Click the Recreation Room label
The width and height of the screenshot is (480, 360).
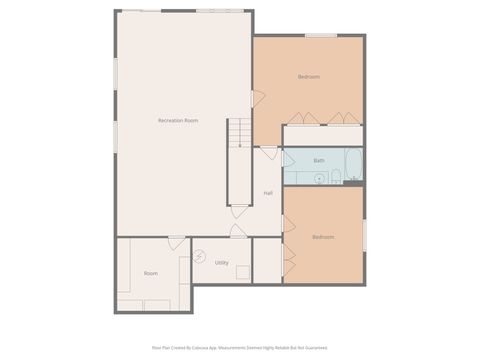tap(178, 120)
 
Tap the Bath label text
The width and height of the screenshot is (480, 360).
tap(319, 160)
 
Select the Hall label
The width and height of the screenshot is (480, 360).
tap(268, 193)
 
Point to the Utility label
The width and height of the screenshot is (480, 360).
tap(221, 263)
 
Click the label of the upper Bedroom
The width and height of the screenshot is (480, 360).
tap(309, 77)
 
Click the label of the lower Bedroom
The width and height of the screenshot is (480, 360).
tap(323, 237)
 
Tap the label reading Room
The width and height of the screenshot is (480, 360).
tap(150, 273)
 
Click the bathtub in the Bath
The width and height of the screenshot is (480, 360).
tap(352, 165)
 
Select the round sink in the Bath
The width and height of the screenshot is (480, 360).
tap(319, 178)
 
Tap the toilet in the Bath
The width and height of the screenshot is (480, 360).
tap(337, 177)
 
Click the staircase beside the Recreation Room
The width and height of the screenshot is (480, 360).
tap(238, 133)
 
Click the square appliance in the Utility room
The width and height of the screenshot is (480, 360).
tap(265, 258)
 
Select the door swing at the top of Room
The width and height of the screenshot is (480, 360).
tap(176, 243)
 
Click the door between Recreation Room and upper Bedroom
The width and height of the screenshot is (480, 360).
tap(257, 99)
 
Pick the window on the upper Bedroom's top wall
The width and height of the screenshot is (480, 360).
tap(320, 36)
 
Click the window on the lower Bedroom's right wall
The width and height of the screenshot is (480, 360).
tap(365, 236)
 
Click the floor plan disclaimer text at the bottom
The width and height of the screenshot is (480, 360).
tap(240, 348)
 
